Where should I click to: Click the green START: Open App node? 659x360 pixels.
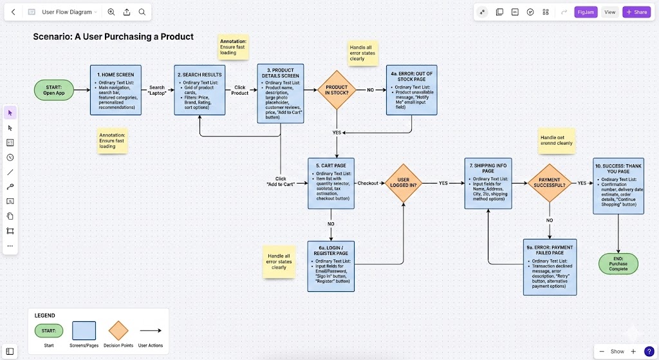click(x=54, y=90)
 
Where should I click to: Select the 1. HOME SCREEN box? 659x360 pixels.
click(x=116, y=90)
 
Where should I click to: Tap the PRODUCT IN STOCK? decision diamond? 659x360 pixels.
click(x=336, y=90)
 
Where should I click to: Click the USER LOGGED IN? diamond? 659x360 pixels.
click(x=404, y=183)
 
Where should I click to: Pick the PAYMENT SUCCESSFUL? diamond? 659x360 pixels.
click(x=550, y=183)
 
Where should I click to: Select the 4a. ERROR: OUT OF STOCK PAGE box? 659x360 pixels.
click(x=411, y=90)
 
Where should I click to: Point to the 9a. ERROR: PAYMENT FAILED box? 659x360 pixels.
click(x=550, y=267)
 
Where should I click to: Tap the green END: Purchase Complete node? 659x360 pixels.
click(x=618, y=263)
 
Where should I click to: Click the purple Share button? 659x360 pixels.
click(x=636, y=12)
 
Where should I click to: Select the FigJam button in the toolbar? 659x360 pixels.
click(x=586, y=12)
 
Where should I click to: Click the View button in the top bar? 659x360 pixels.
click(x=609, y=12)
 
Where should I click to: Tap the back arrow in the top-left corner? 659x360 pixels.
click(x=14, y=12)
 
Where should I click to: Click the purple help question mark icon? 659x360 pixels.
click(x=649, y=351)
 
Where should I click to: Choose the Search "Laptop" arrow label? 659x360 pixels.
click(x=157, y=90)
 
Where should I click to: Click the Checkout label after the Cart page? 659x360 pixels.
click(x=368, y=183)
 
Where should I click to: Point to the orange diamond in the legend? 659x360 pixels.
click(x=118, y=331)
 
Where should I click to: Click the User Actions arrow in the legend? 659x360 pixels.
click(x=151, y=331)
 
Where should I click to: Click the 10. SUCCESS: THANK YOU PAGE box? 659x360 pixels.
click(x=618, y=187)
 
